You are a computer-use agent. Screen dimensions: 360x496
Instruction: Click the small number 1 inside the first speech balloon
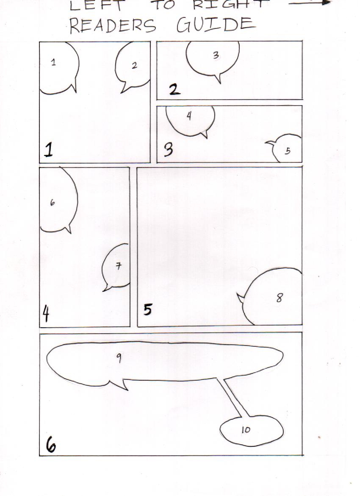coord(53,62)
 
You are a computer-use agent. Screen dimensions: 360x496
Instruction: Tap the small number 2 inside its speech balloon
coord(134,65)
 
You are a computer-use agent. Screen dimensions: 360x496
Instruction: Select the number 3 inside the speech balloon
coord(216,56)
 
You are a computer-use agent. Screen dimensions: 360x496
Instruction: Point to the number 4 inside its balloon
coord(189,116)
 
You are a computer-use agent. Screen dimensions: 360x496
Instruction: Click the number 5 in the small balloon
coord(287,151)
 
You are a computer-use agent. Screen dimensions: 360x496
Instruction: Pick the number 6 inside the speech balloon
coord(53,203)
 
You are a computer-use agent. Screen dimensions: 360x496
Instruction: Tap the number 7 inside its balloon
coord(118,266)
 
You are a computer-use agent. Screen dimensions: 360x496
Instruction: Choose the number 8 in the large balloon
coord(280,298)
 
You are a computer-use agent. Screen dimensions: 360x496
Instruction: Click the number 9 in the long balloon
coord(119,358)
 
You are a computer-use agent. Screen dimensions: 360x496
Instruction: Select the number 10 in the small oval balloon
coord(246,429)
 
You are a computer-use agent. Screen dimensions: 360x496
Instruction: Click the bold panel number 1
coord(48,150)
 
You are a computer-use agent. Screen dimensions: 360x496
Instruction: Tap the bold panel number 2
coord(174,89)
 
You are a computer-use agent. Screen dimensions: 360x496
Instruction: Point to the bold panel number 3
coord(169,149)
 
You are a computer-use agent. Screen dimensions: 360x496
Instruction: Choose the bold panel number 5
coord(148,309)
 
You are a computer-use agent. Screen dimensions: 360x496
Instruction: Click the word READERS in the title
coord(113,26)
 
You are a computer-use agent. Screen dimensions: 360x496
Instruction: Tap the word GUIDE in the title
coord(216,24)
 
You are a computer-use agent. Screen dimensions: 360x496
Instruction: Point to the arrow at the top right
coord(310,3)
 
